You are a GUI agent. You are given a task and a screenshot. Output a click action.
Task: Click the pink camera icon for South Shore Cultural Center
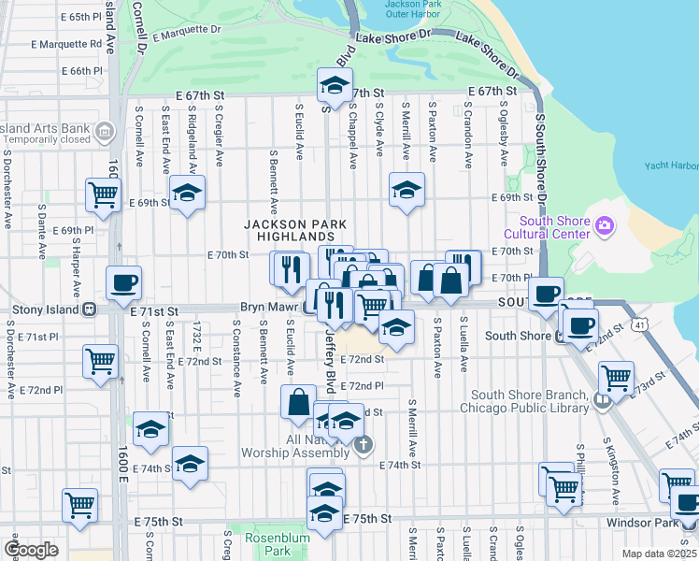[x=605, y=225]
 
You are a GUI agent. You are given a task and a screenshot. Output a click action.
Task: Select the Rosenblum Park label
[x=268, y=544]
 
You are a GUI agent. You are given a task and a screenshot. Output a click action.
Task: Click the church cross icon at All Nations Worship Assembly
[x=363, y=447]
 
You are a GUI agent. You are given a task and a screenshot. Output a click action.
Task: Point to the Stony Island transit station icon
[x=89, y=309]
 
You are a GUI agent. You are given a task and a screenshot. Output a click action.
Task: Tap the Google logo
[x=31, y=550]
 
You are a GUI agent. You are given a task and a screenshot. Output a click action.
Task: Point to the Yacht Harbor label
[x=671, y=166]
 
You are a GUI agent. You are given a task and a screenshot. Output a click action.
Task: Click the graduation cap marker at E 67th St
[x=332, y=87]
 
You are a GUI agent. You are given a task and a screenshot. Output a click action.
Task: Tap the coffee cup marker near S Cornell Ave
[x=123, y=282]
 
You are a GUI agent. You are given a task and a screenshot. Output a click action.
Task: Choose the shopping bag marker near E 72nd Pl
[x=298, y=402]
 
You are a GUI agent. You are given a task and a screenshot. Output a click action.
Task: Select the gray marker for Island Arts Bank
[x=107, y=129]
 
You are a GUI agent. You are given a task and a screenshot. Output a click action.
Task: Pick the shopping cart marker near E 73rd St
[x=615, y=378]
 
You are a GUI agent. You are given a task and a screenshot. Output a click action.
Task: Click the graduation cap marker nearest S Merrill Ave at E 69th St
[x=407, y=190]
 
